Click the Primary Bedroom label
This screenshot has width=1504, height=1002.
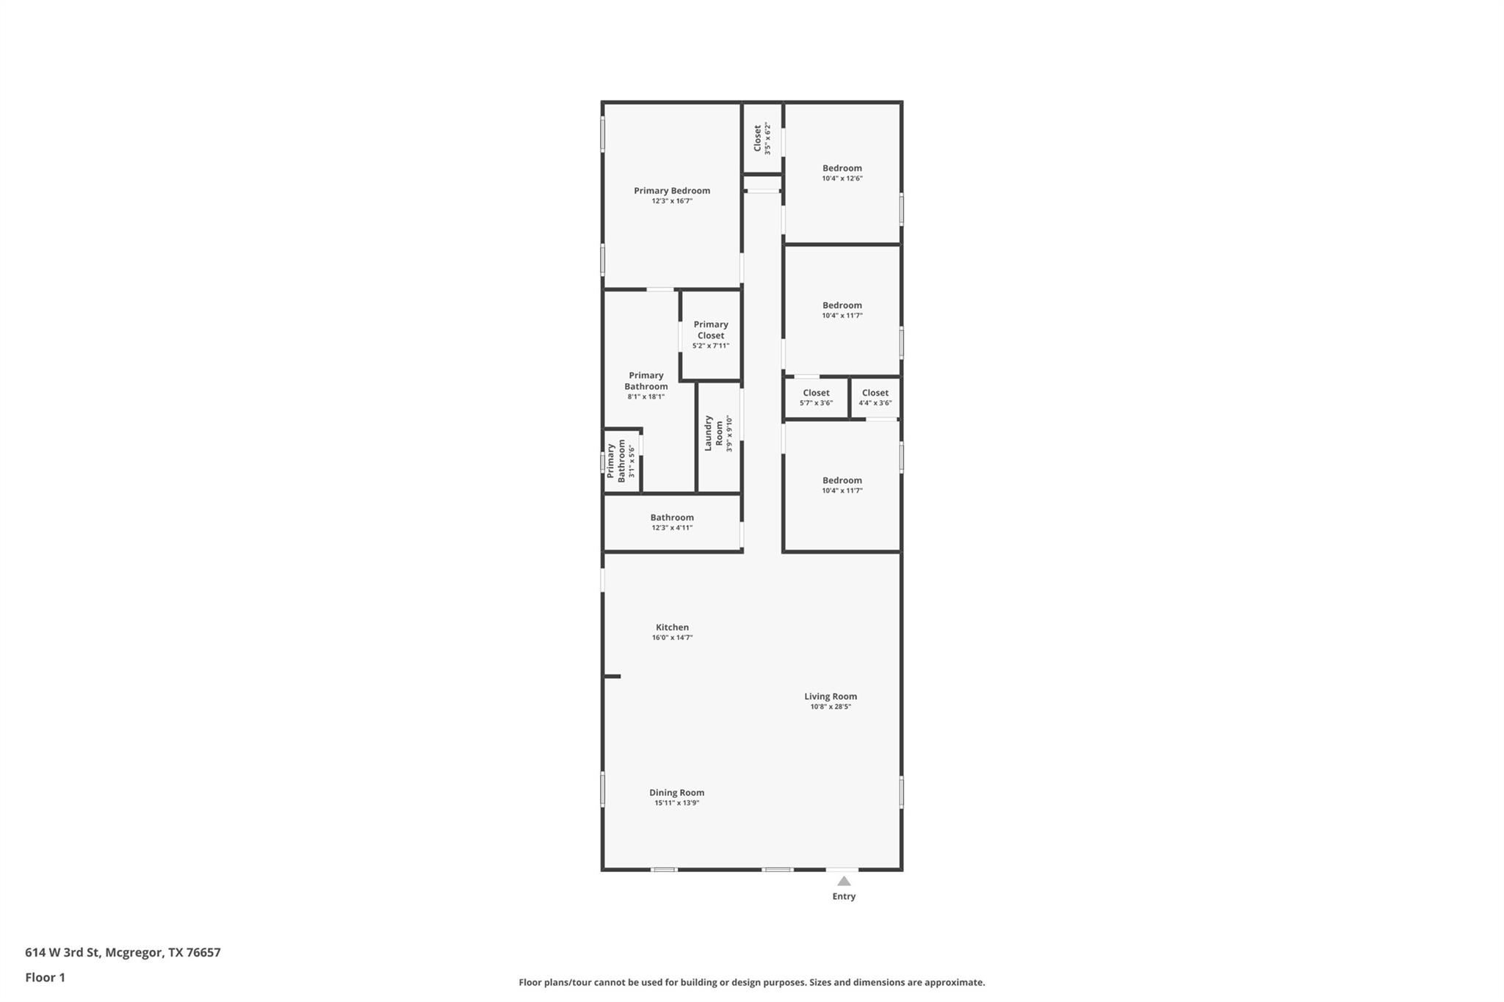pos(672,191)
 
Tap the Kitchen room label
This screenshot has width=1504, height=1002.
pos(672,628)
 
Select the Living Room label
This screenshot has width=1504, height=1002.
pos(830,697)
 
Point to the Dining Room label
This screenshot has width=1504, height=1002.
pos(676,793)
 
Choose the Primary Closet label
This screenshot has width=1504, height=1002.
pos(711,330)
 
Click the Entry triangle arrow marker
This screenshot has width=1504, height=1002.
pos(844,881)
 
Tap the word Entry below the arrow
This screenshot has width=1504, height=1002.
pos(844,896)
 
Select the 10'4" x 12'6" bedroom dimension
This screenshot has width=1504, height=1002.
pos(842,178)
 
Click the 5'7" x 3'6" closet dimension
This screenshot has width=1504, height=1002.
pos(816,403)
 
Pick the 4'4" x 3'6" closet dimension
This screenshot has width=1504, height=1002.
pos(875,403)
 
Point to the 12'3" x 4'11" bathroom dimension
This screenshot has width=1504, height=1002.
pos(672,528)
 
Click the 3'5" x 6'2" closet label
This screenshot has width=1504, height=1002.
pos(762,138)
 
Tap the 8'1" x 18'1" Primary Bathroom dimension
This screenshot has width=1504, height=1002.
pos(646,396)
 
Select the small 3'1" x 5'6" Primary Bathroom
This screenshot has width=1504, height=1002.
pos(621,460)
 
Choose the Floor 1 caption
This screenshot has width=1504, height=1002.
pos(46,978)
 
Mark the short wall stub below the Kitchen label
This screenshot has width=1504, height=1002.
pos(612,676)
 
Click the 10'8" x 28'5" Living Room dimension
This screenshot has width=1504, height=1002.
pos(830,707)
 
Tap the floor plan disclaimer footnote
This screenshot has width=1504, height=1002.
pos(751,982)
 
